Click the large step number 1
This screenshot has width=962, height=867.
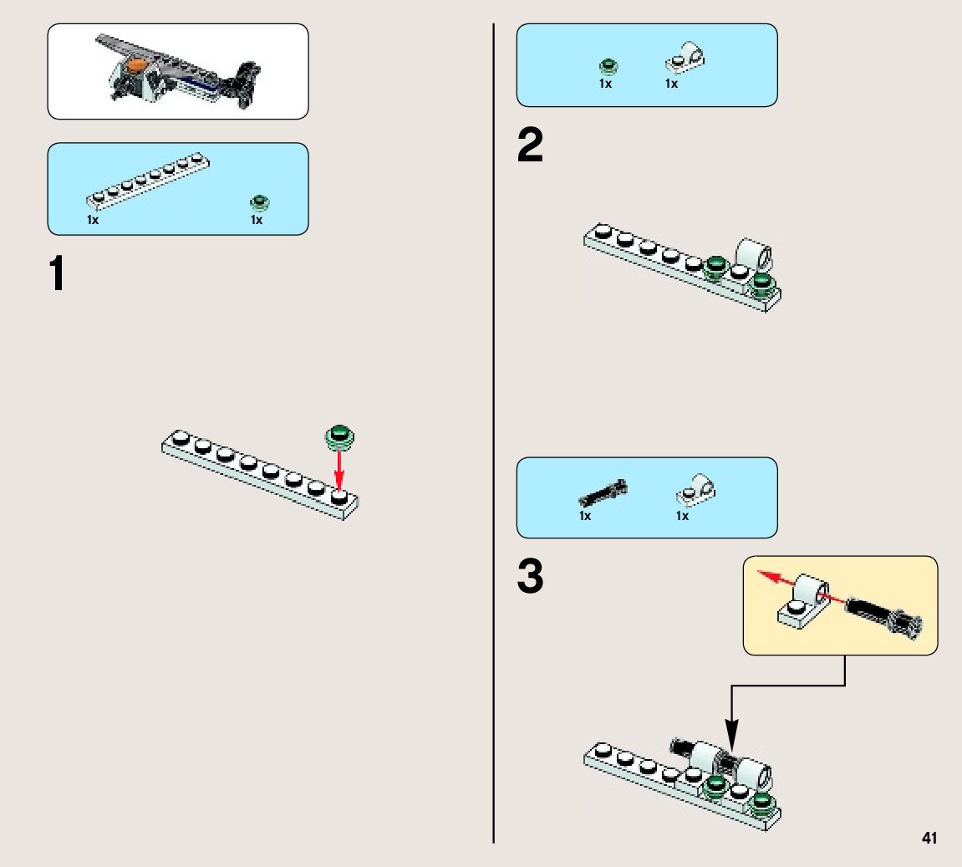[56, 274]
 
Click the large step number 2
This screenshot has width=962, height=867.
[530, 147]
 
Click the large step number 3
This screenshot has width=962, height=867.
[530, 578]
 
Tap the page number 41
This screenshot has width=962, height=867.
[929, 838]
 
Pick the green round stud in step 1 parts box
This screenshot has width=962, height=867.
[259, 202]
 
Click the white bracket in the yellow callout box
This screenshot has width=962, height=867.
[803, 601]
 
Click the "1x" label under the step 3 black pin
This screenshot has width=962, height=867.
[585, 516]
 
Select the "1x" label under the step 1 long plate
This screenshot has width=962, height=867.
[93, 220]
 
